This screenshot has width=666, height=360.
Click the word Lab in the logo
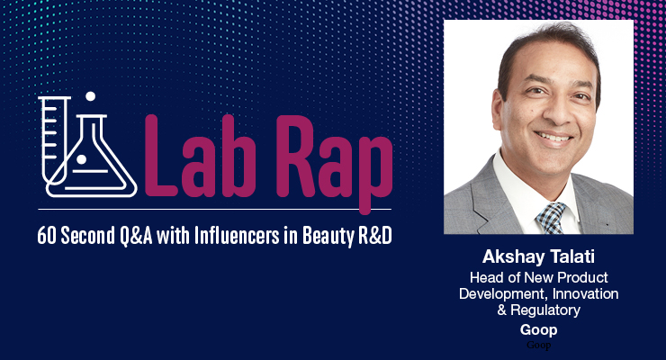[201, 157]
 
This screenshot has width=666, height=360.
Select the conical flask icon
[96, 157]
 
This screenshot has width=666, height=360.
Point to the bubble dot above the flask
[90, 96]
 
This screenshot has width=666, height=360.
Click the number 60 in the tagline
[46, 235]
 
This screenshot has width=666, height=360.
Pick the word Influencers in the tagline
[237, 235]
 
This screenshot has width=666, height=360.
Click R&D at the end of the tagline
[375, 235]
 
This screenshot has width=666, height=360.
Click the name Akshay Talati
[538, 256]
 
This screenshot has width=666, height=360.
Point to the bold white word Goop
[538, 330]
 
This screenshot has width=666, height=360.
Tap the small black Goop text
[538, 345]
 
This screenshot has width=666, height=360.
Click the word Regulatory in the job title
[545, 310]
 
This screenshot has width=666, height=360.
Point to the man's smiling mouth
[554, 139]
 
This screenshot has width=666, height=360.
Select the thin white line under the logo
[214, 210]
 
